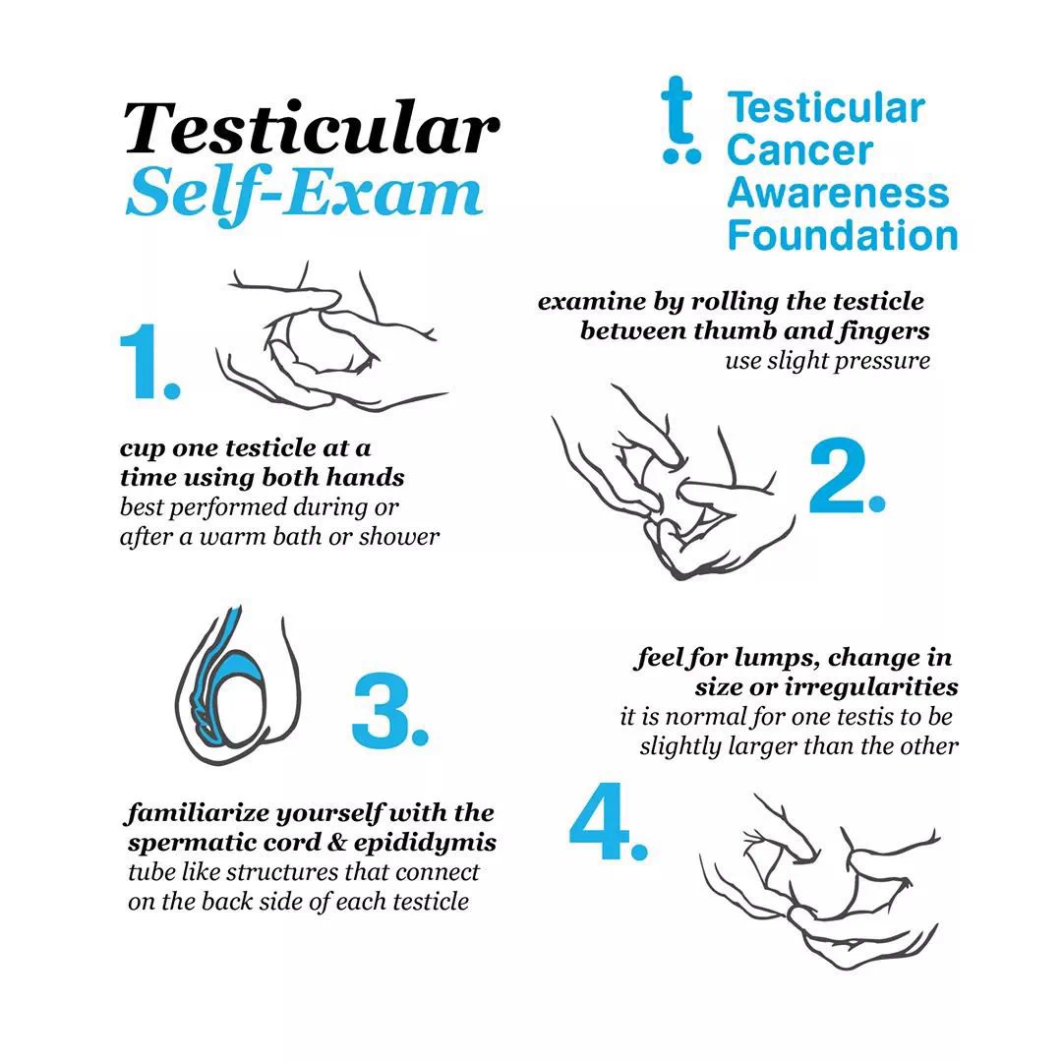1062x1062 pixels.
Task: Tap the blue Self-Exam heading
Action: pyautogui.click(x=304, y=193)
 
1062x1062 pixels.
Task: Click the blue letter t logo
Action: pyautogui.click(x=680, y=121)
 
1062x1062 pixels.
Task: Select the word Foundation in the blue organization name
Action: pyautogui.click(x=843, y=235)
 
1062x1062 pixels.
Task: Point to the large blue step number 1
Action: pyautogui.click(x=149, y=362)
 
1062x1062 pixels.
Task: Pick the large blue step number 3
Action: pyautogui.click(x=390, y=711)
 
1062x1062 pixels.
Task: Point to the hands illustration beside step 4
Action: pyautogui.click(x=819, y=880)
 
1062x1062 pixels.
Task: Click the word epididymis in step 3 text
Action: pyautogui.click(x=425, y=843)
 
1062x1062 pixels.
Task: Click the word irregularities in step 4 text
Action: pyautogui.click(x=871, y=686)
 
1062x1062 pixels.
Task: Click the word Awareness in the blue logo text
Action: pyautogui.click(x=839, y=193)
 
